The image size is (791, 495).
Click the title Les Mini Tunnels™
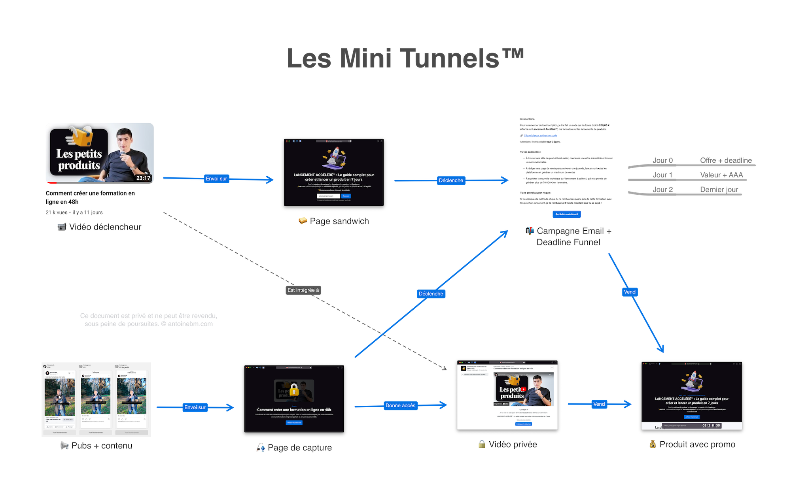405,58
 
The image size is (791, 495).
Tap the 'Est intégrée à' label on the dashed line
303,290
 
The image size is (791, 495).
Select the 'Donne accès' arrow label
400,406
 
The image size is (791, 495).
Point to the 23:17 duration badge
143,178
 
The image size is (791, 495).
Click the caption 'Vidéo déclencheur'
105,227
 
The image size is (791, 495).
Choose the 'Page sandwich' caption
339,221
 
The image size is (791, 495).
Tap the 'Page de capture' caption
299,448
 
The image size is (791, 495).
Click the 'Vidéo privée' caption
513,444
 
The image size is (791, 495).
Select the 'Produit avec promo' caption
697,444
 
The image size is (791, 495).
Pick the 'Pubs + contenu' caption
102,446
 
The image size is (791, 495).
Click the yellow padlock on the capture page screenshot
294,390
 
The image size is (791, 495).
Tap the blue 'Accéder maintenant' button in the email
566,214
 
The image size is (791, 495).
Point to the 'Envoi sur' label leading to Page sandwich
216,179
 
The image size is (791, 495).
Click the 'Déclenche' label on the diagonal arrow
431,294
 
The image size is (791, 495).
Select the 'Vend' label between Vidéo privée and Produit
599,404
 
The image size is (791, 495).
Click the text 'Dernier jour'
719,190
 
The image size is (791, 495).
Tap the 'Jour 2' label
663,190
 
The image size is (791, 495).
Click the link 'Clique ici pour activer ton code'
540,136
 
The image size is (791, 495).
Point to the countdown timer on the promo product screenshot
711,425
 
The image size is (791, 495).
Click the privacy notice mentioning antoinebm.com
149,320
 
